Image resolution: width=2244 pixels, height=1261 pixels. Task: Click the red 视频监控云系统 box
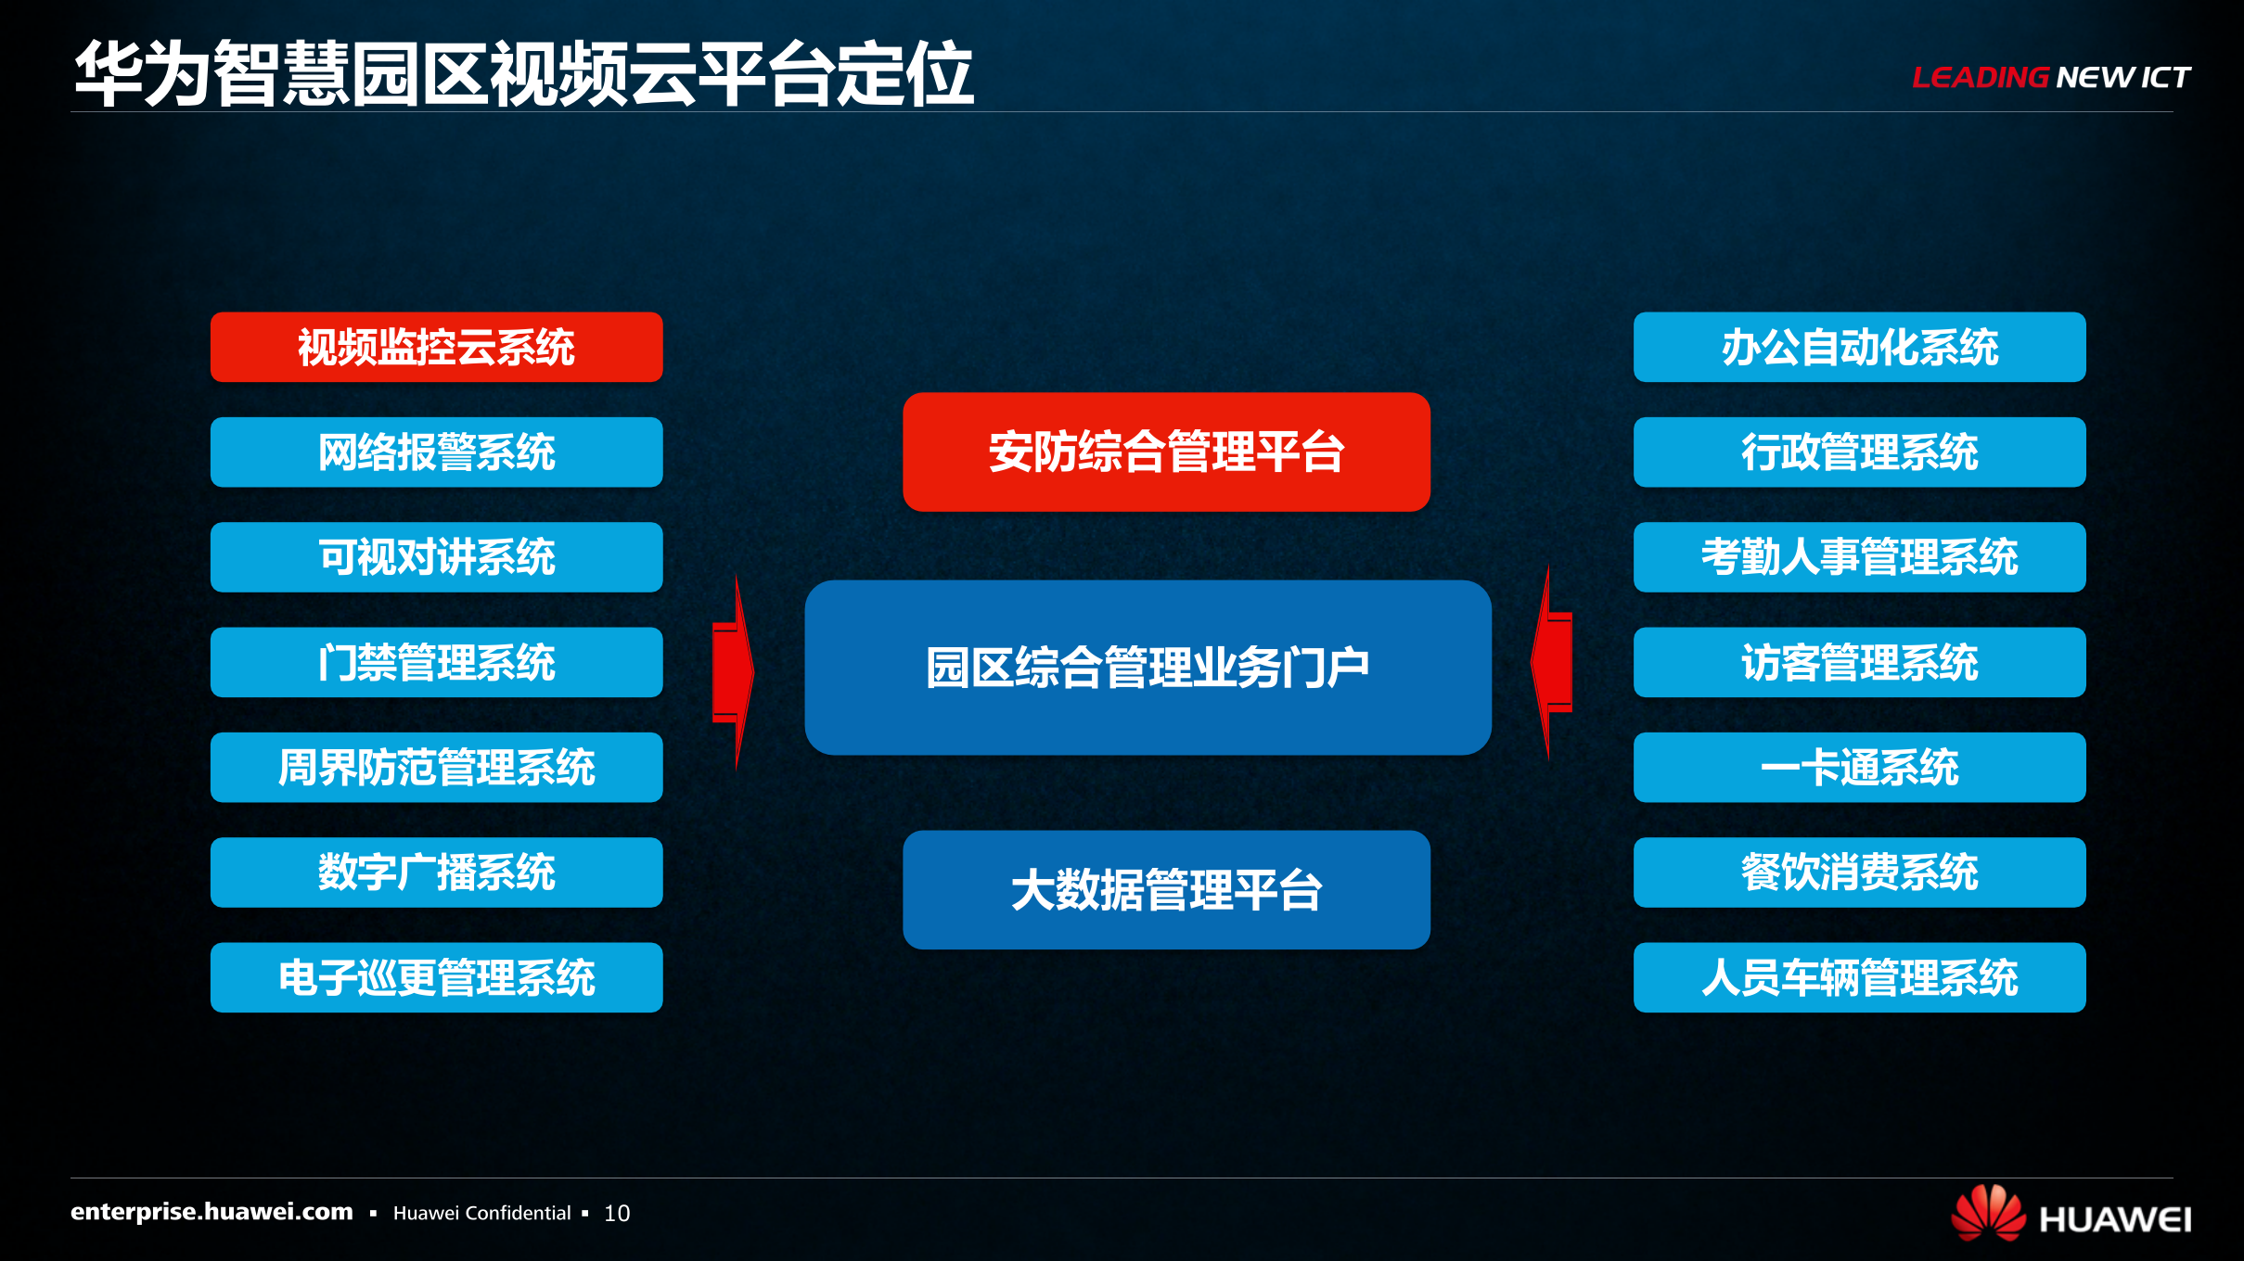[x=436, y=347]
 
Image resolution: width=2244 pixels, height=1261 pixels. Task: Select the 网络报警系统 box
[x=436, y=452]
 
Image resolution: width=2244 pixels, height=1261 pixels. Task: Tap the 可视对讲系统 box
[x=436, y=556]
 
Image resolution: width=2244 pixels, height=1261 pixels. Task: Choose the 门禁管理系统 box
[x=436, y=662]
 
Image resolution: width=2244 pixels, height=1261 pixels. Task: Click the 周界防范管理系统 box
[x=436, y=767]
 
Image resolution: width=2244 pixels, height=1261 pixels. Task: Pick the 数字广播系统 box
[x=436, y=872]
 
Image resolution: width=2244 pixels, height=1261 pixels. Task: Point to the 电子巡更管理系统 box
[x=436, y=977]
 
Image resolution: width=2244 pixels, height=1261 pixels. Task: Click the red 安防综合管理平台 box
[x=1166, y=452]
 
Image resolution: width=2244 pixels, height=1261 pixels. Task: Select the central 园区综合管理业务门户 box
[x=1148, y=667]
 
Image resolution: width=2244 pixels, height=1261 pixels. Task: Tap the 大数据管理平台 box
[x=1166, y=889]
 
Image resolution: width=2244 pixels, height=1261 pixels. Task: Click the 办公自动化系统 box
[x=1859, y=347]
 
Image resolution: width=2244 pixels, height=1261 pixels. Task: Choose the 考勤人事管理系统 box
[x=1859, y=556]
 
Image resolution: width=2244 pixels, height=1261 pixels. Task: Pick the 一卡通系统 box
[x=1859, y=767]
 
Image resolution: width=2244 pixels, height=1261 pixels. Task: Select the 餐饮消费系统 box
[x=1859, y=872]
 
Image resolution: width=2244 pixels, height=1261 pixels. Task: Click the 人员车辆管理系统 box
[x=1859, y=977]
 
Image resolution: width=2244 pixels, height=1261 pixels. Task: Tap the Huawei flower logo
[x=1988, y=1213]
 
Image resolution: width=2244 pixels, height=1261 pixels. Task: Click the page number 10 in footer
[x=617, y=1213]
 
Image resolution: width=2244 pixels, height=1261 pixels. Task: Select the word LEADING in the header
[x=1980, y=77]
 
